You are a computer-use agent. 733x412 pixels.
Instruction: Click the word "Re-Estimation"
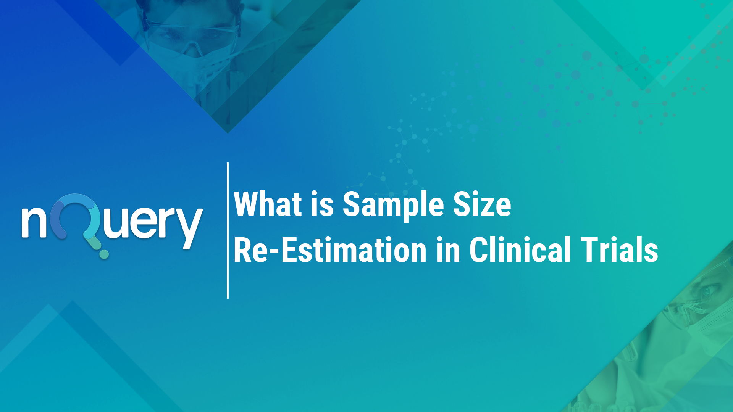[330, 250]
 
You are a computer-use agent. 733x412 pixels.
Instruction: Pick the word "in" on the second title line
[448, 250]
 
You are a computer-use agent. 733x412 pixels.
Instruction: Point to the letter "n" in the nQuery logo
[34, 222]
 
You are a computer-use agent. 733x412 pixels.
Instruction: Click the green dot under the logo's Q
[104, 254]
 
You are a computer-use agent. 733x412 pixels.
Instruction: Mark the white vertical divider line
[228, 230]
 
